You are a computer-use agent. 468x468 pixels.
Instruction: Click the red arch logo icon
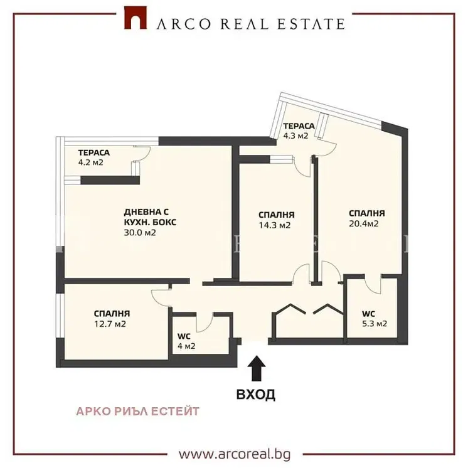(136, 18)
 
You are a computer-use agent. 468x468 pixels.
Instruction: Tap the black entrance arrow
(257, 368)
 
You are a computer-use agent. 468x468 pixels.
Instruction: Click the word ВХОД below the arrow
(256, 394)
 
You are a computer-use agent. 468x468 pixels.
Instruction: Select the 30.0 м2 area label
(140, 233)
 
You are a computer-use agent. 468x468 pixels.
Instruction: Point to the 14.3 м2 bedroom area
(275, 225)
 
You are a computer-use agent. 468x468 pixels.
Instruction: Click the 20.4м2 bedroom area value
(364, 223)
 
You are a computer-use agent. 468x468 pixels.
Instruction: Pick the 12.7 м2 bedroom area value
(110, 324)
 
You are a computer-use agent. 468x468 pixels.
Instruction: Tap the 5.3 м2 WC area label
(375, 324)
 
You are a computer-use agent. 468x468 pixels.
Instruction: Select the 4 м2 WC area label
(186, 346)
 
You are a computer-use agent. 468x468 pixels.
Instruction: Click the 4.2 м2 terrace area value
(91, 162)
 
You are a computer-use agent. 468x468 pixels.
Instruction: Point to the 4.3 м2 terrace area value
(295, 136)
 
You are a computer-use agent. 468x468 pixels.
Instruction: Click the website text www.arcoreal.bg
(235, 455)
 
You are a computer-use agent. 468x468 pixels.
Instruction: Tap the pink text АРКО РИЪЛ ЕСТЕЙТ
(137, 412)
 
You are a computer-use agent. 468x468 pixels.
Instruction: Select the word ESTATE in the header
(311, 24)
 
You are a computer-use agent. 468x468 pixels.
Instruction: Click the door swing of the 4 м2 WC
(205, 323)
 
